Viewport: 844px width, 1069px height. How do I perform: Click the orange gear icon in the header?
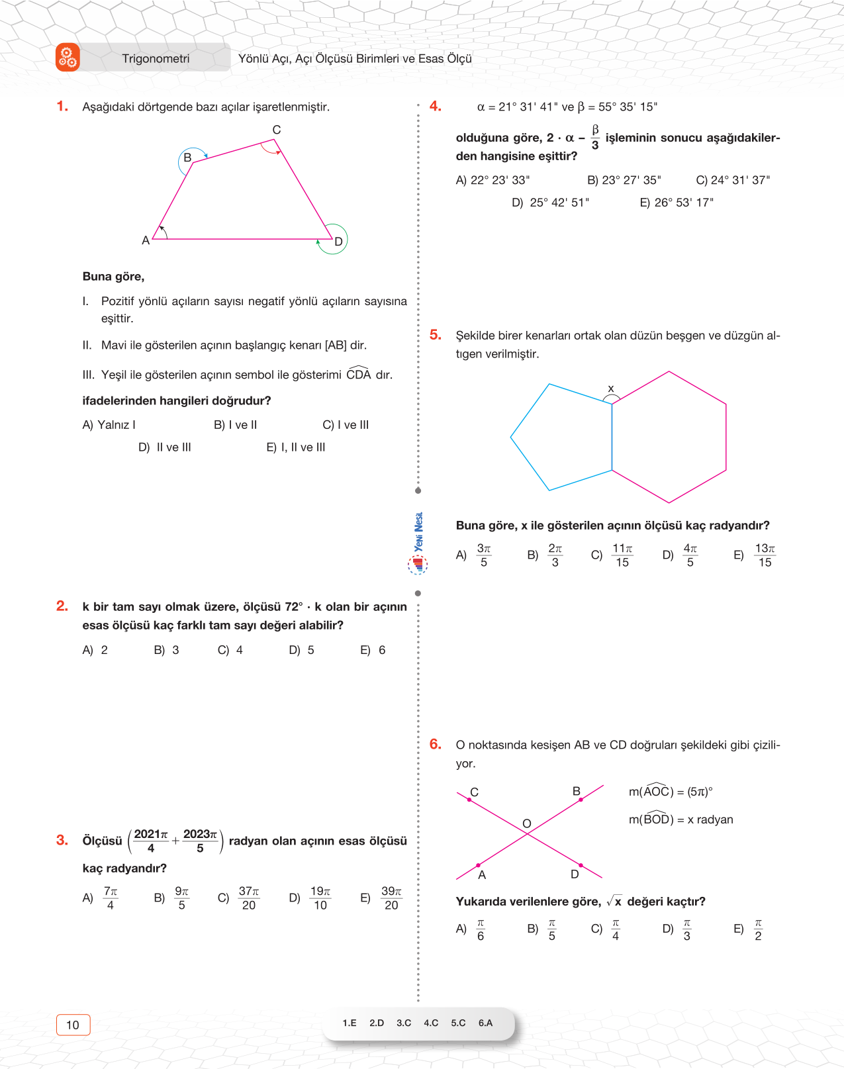click(68, 58)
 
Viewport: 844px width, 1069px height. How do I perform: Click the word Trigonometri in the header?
click(156, 59)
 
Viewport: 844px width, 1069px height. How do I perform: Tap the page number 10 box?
click(73, 1025)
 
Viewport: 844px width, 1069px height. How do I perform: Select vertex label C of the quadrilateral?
click(277, 130)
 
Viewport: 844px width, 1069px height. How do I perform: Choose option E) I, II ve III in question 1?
click(296, 447)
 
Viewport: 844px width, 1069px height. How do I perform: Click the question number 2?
click(62, 606)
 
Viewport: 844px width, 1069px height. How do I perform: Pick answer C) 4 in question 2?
click(230, 650)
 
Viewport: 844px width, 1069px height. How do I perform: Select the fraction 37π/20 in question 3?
click(249, 898)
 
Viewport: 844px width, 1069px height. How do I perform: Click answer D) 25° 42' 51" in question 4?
click(550, 203)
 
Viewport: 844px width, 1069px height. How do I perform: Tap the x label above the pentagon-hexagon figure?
click(610, 389)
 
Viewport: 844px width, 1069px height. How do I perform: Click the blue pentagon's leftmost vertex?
click(511, 437)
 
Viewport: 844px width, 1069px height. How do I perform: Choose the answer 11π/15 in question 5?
click(622, 555)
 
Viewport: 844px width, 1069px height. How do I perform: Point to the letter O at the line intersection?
click(527, 823)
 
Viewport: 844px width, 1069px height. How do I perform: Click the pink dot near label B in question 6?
click(581, 800)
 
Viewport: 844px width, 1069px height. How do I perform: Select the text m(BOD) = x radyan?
click(680, 819)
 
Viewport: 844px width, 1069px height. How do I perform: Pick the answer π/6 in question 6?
click(481, 929)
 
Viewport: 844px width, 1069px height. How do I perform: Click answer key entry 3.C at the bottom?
click(404, 1023)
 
